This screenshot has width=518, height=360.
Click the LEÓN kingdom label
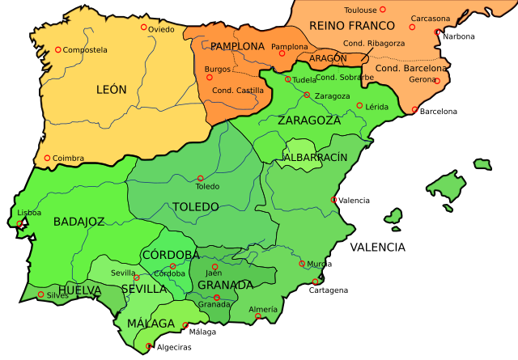111,90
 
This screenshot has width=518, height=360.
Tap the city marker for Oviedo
144,27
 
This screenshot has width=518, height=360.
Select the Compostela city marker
58,50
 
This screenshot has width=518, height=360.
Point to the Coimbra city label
68,159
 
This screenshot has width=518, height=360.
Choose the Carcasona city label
430,18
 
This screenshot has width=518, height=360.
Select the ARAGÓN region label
327,58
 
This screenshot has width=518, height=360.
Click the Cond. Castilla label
237,90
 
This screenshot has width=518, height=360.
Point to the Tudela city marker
288,79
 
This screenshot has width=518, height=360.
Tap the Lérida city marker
359,106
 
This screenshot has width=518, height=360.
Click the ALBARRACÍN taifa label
316,156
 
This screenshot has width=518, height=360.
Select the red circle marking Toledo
201,179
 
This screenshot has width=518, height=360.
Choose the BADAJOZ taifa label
79,221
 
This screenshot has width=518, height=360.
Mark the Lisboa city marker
19,223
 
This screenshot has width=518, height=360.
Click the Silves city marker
41,294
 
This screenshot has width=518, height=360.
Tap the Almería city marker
258,316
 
